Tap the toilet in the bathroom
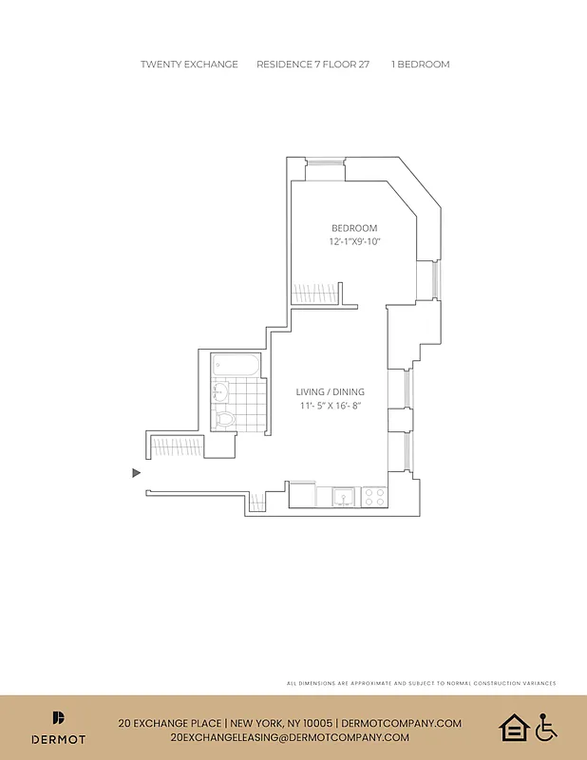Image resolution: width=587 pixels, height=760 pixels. tap(225, 418)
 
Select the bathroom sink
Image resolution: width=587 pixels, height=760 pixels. tap(219, 389)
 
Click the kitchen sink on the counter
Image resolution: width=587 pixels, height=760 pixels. tap(343, 495)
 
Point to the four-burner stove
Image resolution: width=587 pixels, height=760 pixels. tap(373, 495)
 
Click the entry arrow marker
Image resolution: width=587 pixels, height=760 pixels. tap(137, 472)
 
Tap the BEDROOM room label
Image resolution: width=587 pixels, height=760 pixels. tap(354, 228)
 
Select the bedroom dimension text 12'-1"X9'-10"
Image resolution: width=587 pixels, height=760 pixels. tap(354, 242)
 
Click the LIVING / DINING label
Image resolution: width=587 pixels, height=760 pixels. tap(331, 391)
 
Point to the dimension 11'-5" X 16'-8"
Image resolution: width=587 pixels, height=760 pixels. tap(331, 406)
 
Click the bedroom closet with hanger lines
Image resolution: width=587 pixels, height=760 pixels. tap(316, 293)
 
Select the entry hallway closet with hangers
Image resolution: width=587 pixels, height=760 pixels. tap(176, 445)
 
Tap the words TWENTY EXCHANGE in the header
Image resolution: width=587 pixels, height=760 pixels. tap(189, 65)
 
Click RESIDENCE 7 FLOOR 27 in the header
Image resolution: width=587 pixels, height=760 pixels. tap(313, 65)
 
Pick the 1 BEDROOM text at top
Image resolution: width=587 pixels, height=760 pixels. tap(420, 65)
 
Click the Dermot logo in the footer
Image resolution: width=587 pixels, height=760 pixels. tap(59, 728)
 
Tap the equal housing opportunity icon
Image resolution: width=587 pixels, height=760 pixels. tap(513, 728)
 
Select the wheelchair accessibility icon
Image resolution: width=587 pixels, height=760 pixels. tap(545, 728)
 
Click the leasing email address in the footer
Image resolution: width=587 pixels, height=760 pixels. tap(290, 737)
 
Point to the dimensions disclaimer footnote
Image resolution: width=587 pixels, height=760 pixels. tap(421, 683)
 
